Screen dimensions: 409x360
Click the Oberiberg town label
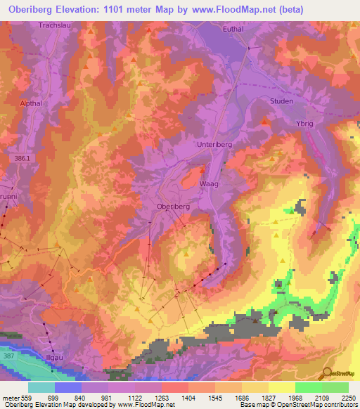[172, 207]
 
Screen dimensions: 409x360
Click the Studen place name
[281, 101]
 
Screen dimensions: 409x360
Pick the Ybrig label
[304, 122]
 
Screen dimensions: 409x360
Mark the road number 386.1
[22, 160]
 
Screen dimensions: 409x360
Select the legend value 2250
[349, 398]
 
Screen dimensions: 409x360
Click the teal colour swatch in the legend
[41, 387]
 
